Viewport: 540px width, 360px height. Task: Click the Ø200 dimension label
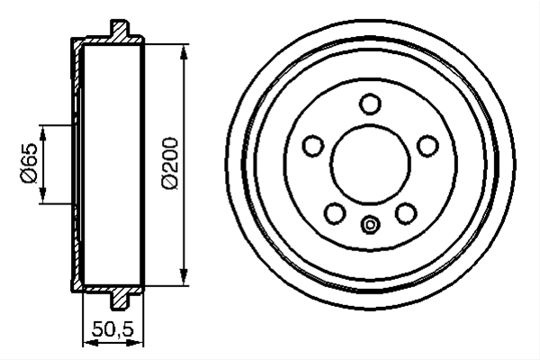click(170, 164)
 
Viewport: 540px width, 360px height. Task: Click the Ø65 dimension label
click(30, 163)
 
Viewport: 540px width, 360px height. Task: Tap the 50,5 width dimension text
click(112, 329)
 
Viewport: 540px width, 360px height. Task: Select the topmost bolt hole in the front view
click(370, 103)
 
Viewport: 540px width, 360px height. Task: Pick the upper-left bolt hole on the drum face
click(313, 145)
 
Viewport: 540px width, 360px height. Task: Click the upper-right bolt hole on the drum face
click(427, 145)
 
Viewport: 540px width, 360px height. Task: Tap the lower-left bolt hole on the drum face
click(335, 213)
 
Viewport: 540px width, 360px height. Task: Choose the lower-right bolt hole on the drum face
click(406, 213)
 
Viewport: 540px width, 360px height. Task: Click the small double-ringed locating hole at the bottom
click(370, 225)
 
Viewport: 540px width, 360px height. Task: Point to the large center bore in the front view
click(370, 165)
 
